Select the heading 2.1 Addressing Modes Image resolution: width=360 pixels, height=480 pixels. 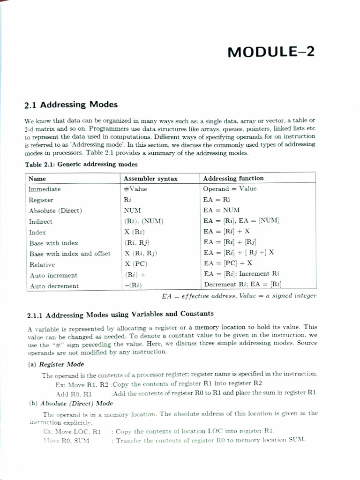tap(70, 104)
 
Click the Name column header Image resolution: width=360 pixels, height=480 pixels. tap(37, 179)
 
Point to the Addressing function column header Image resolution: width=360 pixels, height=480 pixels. tap(233, 178)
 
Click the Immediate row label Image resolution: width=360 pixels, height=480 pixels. tap(45, 189)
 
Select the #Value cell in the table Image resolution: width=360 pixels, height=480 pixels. tap(135, 189)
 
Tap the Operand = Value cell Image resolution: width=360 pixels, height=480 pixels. tap(230, 189)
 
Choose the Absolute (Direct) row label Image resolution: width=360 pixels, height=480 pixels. tap(55, 210)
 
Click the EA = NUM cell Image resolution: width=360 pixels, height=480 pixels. tap(221, 210)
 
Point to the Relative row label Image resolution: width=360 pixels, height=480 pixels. tap(42, 264)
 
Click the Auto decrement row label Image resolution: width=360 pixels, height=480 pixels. tap(54, 286)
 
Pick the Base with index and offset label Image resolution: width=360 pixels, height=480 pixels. tap(70, 254)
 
